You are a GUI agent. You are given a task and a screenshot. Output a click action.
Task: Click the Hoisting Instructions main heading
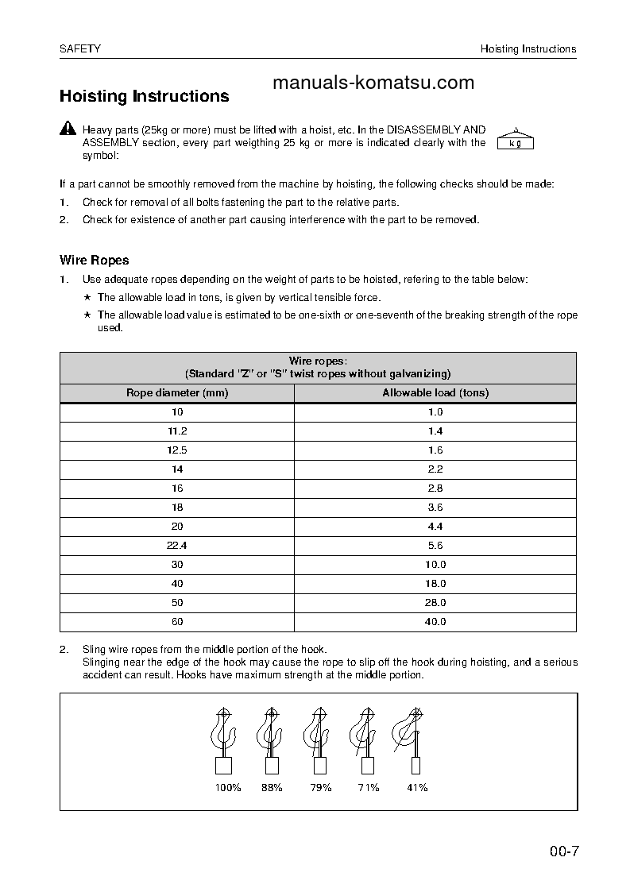(144, 96)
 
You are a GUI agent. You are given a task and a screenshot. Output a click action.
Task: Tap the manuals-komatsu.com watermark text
(373, 83)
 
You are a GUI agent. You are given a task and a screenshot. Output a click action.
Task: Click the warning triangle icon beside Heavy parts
(68, 129)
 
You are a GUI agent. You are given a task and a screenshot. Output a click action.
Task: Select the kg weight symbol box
(515, 141)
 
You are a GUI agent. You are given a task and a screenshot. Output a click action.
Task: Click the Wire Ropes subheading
(94, 260)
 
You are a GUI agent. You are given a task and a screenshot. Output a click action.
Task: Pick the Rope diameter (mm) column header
(177, 393)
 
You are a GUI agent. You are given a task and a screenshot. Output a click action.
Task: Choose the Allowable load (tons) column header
(435, 393)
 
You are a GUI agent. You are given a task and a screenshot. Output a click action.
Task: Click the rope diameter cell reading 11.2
(177, 431)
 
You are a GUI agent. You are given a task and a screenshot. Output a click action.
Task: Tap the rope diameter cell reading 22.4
(177, 546)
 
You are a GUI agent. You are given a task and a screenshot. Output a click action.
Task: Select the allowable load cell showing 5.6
(435, 546)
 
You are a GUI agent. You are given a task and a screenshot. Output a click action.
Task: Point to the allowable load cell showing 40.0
(435, 622)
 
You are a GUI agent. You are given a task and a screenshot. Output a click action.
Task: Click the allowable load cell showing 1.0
(435, 412)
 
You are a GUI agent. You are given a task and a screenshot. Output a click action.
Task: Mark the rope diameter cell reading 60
(177, 622)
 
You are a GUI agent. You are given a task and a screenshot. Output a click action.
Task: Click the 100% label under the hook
(228, 787)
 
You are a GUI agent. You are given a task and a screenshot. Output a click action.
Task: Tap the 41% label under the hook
(416, 787)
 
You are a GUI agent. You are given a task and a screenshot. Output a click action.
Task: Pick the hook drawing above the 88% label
(269, 735)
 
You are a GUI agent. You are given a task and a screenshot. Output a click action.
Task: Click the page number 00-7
(564, 853)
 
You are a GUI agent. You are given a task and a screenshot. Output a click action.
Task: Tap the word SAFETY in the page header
(80, 49)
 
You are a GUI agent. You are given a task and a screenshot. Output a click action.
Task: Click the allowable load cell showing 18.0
(435, 584)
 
